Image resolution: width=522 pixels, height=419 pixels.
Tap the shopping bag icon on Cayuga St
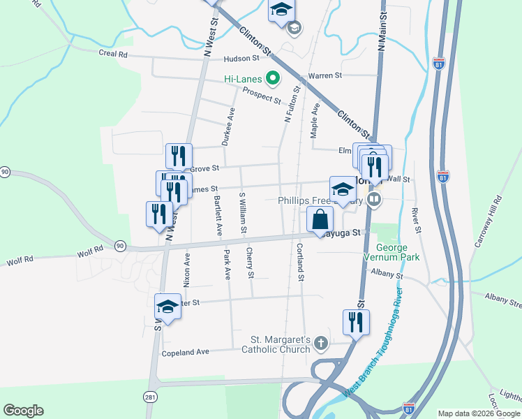click(x=319, y=219)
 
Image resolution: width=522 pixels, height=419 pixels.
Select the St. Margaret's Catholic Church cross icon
click(x=320, y=343)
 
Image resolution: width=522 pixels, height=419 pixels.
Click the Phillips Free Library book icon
click(x=375, y=200)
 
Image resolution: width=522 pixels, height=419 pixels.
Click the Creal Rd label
click(x=113, y=53)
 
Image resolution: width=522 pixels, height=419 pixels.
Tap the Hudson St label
click(x=241, y=60)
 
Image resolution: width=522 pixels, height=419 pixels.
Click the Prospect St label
click(x=261, y=96)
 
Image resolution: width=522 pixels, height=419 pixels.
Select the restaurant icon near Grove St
click(x=179, y=156)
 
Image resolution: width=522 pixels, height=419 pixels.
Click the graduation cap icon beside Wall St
click(x=343, y=189)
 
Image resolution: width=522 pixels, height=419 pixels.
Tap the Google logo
click(x=23, y=411)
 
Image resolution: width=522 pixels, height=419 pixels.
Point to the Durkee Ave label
click(x=228, y=126)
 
